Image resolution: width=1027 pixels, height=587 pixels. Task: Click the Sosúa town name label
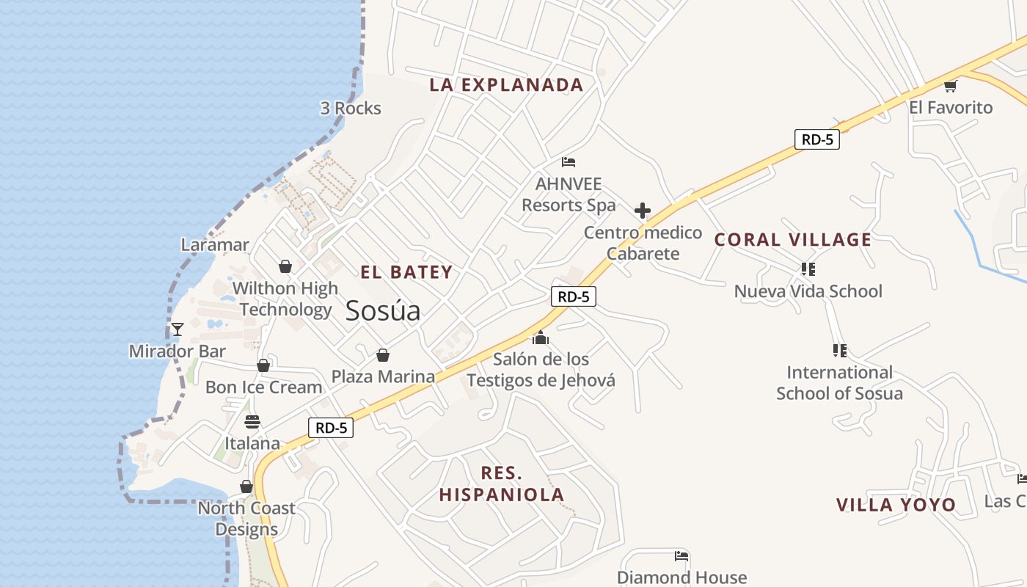click(x=383, y=310)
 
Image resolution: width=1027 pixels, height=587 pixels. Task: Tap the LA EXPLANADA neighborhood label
click(x=506, y=85)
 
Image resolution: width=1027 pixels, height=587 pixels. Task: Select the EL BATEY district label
click(x=406, y=272)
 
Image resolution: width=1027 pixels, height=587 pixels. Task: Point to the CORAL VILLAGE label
click(x=793, y=240)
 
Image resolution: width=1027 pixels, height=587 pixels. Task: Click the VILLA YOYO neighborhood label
click(x=896, y=505)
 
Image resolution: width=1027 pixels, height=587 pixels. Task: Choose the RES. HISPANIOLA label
click(x=502, y=484)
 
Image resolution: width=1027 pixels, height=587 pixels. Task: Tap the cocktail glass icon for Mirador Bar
click(x=177, y=329)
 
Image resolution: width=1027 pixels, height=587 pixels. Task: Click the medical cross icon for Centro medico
click(x=643, y=211)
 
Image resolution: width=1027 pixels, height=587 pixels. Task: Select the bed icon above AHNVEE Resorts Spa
click(x=569, y=161)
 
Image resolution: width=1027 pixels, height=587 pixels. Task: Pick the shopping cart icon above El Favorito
click(x=950, y=86)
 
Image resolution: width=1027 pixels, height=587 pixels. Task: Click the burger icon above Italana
click(x=252, y=422)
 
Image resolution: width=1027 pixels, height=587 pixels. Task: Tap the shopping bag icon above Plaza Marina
click(x=382, y=355)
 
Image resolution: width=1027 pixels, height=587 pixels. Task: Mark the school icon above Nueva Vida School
click(x=808, y=269)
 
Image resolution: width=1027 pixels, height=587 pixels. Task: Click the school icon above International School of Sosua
click(x=839, y=351)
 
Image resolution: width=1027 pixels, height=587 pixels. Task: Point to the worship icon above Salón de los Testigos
click(x=541, y=338)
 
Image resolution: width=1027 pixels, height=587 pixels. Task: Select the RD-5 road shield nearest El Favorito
click(x=816, y=139)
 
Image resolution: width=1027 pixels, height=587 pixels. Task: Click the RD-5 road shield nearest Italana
click(x=330, y=428)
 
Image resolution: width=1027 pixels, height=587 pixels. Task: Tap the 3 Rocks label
click(x=351, y=109)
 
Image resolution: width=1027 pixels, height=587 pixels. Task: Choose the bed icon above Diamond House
click(x=681, y=556)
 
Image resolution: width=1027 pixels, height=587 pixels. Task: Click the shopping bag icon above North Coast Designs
click(x=246, y=486)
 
